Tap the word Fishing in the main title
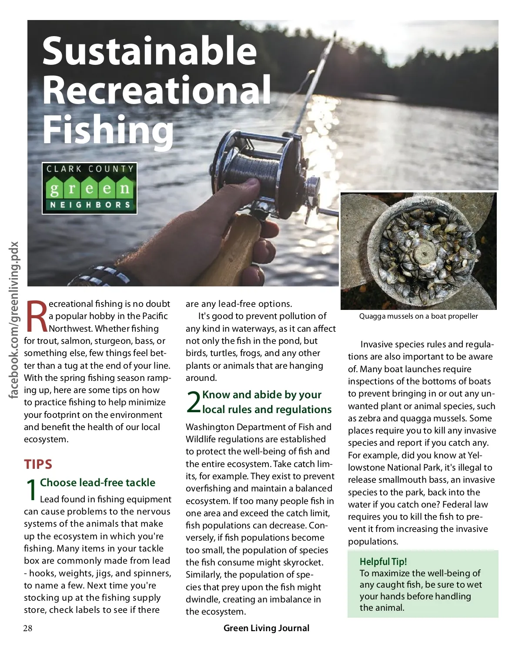[x=108, y=130]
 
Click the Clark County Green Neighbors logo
[x=90, y=188]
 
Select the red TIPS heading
[x=38, y=464]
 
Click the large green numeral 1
[x=31, y=490]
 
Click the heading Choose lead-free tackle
[x=97, y=482]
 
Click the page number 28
[x=28, y=628]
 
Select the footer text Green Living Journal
[x=266, y=628]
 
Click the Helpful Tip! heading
[x=383, y=562]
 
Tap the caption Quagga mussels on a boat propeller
[x=418, y=316]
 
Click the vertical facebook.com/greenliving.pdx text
[x=14, y=320]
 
